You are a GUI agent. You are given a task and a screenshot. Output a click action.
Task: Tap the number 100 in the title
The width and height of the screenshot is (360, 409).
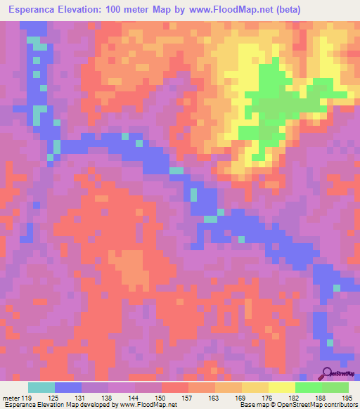[139, 10]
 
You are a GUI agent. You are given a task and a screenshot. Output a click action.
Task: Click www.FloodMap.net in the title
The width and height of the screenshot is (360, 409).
[231, 10]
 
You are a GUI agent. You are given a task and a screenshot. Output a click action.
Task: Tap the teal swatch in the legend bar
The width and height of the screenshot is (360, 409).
[41, 387]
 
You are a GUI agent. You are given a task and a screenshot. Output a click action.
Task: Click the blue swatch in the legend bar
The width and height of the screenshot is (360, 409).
[68, 387]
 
